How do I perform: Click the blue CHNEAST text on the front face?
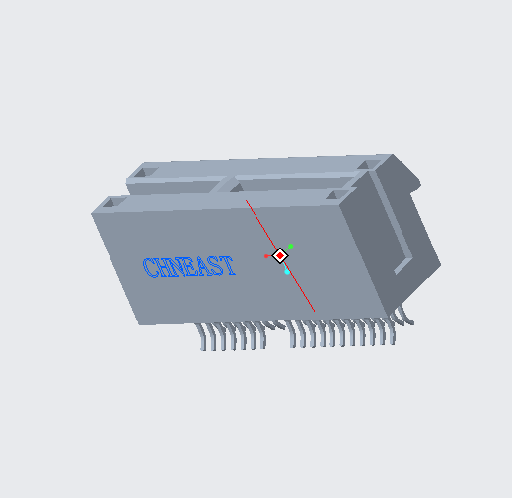click(188, 266)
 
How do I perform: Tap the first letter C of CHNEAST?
click(150, 268)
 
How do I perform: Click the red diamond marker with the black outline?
click(280, 256)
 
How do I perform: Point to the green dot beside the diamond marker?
click(291, 246)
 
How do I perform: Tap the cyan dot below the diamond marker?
click(287, 272)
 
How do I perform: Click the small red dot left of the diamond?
click(266, 256)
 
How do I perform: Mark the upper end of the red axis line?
click(247, 201)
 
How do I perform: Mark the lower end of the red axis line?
click(315, 312)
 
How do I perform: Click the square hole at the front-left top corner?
click(110, 204)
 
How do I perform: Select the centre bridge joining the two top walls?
click(237, 184)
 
